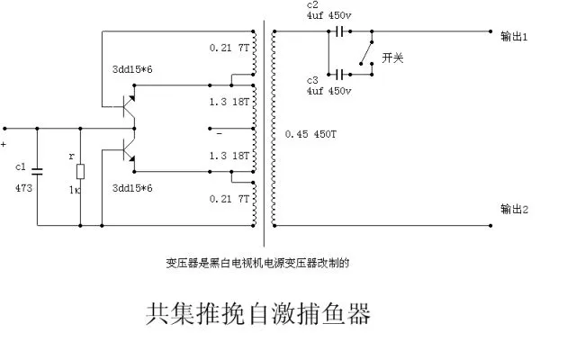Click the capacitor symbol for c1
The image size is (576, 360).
coord(37,171)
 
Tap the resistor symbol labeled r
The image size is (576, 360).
coord(80,172)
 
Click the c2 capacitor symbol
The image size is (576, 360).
coord(340,31)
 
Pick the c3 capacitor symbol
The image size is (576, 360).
coord(340,75)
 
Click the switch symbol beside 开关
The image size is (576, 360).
coord(367,53)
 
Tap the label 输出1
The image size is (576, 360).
coord(514,36)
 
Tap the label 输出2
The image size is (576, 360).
coord(514,210)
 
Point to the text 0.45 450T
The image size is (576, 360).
coord(310,134)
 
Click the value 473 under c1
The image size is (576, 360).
coord(24,188)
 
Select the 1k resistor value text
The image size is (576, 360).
coord(75,190)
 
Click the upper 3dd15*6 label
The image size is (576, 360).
coord(132,69)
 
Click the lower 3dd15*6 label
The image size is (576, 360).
coord(132,188)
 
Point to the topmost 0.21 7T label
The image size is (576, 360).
coord(229,48)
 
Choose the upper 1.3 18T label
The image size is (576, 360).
coord(229,102)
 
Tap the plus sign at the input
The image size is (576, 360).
coord(4,144)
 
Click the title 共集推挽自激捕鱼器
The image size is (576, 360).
coord(258,314)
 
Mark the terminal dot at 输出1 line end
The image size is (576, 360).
coord(490,31)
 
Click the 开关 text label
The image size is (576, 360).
coord(392,58)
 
